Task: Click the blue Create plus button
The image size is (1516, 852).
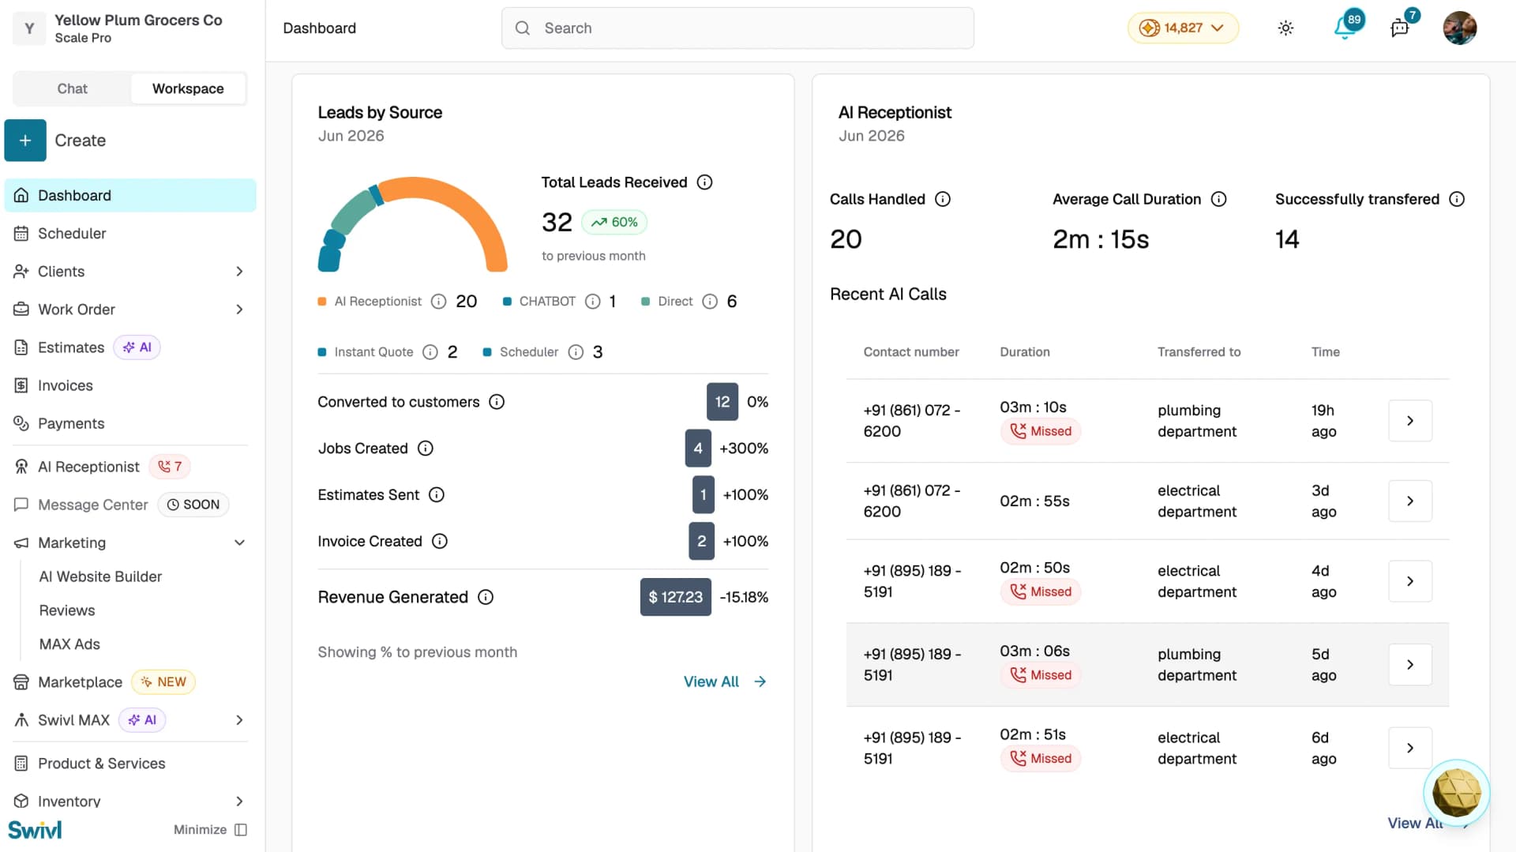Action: (25, 141)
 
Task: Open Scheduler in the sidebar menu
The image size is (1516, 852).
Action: (71, 233)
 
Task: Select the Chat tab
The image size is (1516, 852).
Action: (72, 88)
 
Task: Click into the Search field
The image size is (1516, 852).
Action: (737, 28)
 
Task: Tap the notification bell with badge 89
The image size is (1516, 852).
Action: (1345, 28)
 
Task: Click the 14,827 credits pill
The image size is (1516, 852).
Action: (1182, 28)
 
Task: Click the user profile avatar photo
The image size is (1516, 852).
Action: (1459, 28)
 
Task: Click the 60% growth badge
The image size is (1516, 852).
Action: (614, 222)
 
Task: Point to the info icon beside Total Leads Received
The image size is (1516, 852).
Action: (705, 182)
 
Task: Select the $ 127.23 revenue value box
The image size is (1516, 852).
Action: (675, 597)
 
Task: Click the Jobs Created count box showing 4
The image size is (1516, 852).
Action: (698, 449)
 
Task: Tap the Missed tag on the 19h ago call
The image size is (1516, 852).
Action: (1041, 431)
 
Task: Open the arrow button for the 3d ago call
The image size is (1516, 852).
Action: (1410, 501)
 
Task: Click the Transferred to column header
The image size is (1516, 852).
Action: (1199, 352)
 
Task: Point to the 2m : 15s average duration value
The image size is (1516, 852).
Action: (1101, 239)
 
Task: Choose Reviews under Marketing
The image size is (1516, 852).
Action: (67, 610)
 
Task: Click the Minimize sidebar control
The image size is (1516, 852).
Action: (210, 830)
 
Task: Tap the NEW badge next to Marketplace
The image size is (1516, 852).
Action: (163, 682)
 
